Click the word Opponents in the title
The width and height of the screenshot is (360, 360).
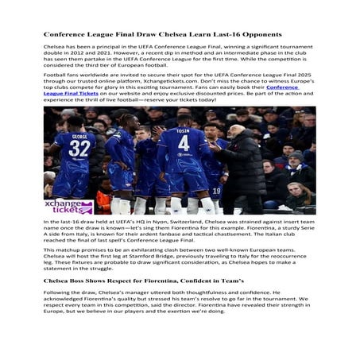click(x=254, y=35)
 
